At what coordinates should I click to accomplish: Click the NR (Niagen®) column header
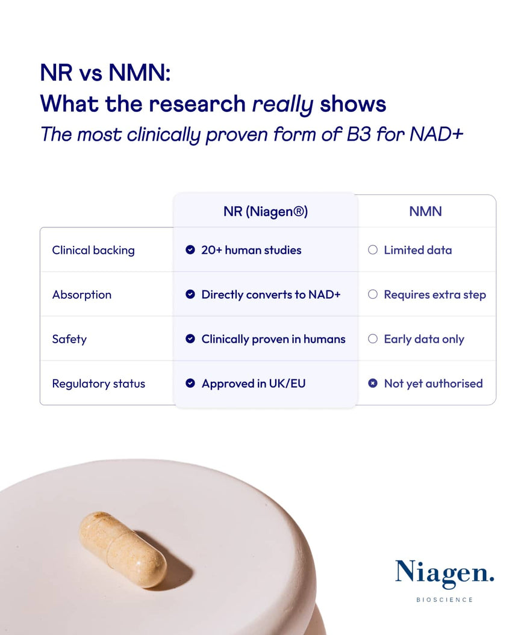tap(265, 212)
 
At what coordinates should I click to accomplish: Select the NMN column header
tap(425, 212)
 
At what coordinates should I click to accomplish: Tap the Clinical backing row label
tap(93, 250)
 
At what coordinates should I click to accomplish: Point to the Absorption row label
tap(82, 295)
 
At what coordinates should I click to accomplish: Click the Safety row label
tap(69, 339)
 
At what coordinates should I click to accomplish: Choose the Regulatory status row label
tap(99, 384)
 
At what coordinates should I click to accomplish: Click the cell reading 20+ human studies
tap(251, 250)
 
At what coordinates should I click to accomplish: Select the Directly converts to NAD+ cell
tap(271, 295)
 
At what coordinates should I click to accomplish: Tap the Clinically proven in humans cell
tap(273, 339)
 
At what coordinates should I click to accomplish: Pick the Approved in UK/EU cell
tap(254, 384)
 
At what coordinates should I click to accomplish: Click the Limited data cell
tap(418, 250)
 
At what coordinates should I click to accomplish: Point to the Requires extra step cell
tap(435, 295)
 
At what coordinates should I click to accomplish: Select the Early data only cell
tap(424, 339)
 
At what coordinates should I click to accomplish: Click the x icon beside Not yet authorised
tap(373, 384)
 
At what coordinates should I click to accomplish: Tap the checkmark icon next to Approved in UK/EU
tap(190, 384)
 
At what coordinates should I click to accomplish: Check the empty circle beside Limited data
tap(373, 250)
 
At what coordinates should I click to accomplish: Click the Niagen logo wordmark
tap(444, 575)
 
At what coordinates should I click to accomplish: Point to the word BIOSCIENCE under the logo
tap(444, 600)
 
